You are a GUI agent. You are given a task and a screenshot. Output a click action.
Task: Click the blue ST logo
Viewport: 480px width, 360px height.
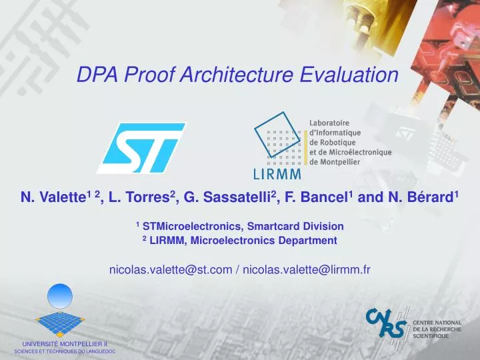click(141, 147)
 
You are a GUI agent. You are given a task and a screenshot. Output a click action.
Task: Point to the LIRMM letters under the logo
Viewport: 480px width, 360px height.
click(277, 174)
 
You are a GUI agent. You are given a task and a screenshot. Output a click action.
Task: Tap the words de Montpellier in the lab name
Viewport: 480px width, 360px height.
click(342, 162)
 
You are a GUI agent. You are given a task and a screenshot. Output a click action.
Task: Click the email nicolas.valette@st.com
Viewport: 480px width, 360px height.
click(170, 269)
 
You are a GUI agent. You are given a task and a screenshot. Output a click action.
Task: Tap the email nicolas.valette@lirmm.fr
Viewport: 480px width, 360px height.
click(307, 269)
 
